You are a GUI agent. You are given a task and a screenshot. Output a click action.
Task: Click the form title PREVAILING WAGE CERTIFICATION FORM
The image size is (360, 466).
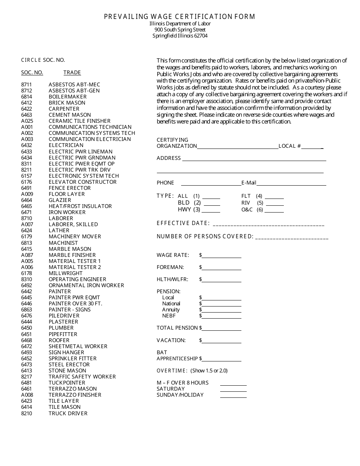click(180, 17)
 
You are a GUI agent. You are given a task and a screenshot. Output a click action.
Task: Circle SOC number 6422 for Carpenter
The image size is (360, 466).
click(27, 109)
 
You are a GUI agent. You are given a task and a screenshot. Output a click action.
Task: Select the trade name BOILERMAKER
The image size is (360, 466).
click(67, 97)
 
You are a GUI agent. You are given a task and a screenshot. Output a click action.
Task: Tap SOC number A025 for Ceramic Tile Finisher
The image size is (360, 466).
click(27, 121)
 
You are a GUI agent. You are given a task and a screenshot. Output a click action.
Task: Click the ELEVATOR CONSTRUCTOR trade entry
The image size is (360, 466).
click(83, 182)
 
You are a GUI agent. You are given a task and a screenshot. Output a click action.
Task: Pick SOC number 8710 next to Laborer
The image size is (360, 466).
click(27, 218)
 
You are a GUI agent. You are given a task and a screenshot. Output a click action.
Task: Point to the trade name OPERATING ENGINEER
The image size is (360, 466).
click(77, 279)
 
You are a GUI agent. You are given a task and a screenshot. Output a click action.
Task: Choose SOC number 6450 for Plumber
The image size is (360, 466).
click(27, 328)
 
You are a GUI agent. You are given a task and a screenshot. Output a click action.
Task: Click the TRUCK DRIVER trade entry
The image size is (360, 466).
click(68, 413)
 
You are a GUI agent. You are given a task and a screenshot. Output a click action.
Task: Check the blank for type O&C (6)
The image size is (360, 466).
click(274, 211)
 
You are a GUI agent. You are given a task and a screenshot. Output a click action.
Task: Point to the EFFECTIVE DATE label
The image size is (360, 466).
click(183, 223)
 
